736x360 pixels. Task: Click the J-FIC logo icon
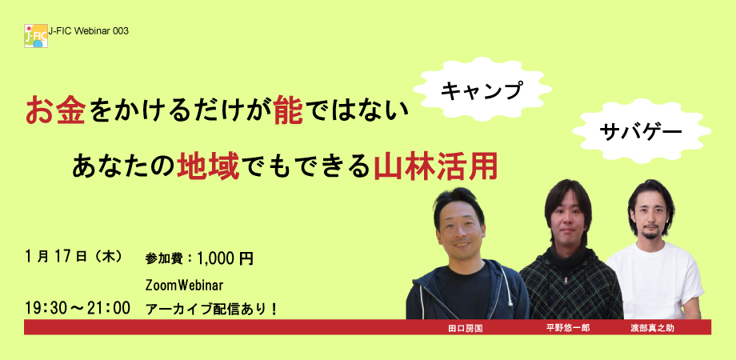click(x=36, y=36)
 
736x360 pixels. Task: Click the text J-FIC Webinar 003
click(x=88, y=31)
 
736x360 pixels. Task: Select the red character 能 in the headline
click(x=289, y=110)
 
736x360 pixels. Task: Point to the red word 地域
click(x=207, y=167)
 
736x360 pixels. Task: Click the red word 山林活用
click(x=434, y=167)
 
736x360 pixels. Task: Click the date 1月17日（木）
click(x=74, y=257)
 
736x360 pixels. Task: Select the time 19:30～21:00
click(x=78, y=308)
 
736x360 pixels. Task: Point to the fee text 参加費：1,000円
click(x=199, y=258)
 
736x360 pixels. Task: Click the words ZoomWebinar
click(x=184, y=285)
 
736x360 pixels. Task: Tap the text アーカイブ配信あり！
click(x=212, y=309)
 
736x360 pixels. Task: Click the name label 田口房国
click(x=465, y=328)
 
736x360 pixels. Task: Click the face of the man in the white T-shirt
click(x=651, y=218)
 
